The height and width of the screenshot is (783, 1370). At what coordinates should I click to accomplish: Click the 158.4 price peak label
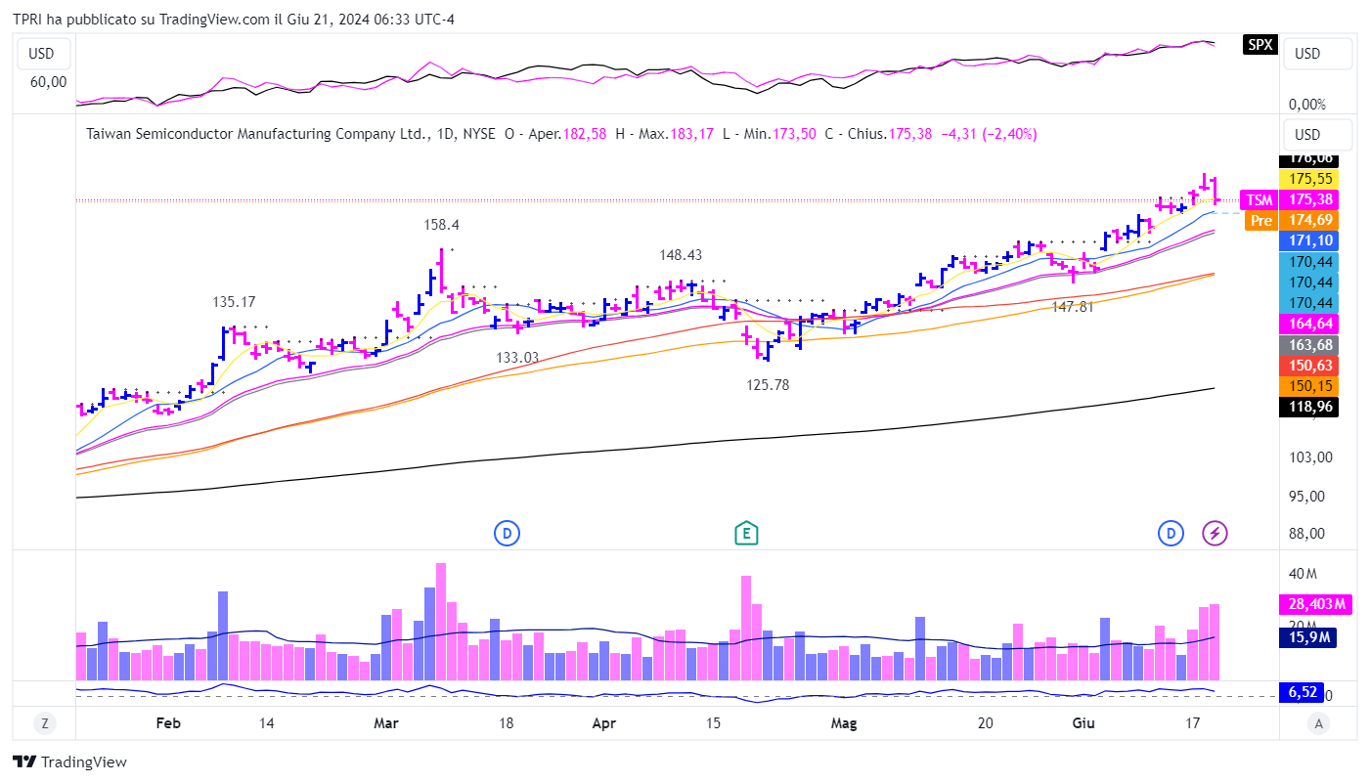point(441,225)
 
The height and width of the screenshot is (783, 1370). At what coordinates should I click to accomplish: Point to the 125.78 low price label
point(768,385)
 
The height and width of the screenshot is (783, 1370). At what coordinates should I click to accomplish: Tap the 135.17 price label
point(234,302)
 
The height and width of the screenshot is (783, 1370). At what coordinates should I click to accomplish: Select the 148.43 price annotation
point(681,255)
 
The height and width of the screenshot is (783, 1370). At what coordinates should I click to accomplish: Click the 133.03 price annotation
point(517,358)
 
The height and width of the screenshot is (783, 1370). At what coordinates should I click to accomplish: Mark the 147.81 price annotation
point(1072,307)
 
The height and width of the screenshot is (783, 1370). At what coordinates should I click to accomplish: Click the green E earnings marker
point(747,533)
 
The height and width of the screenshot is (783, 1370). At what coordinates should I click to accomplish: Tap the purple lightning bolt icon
point(1215,533)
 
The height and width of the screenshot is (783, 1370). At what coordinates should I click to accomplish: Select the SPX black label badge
point(1260,44)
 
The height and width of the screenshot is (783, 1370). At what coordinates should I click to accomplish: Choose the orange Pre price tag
point(1261,221)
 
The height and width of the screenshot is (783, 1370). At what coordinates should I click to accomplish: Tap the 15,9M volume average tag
point(1307,637)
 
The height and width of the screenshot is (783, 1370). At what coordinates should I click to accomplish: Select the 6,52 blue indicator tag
point(1303,693)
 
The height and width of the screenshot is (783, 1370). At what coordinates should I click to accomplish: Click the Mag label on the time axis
point(843,723)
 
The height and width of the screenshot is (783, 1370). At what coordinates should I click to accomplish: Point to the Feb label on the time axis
point(168,723)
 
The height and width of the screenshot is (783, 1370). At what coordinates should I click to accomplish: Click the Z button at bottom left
point(44,723)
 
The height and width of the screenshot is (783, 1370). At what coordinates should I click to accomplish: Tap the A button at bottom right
point(1319,723)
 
